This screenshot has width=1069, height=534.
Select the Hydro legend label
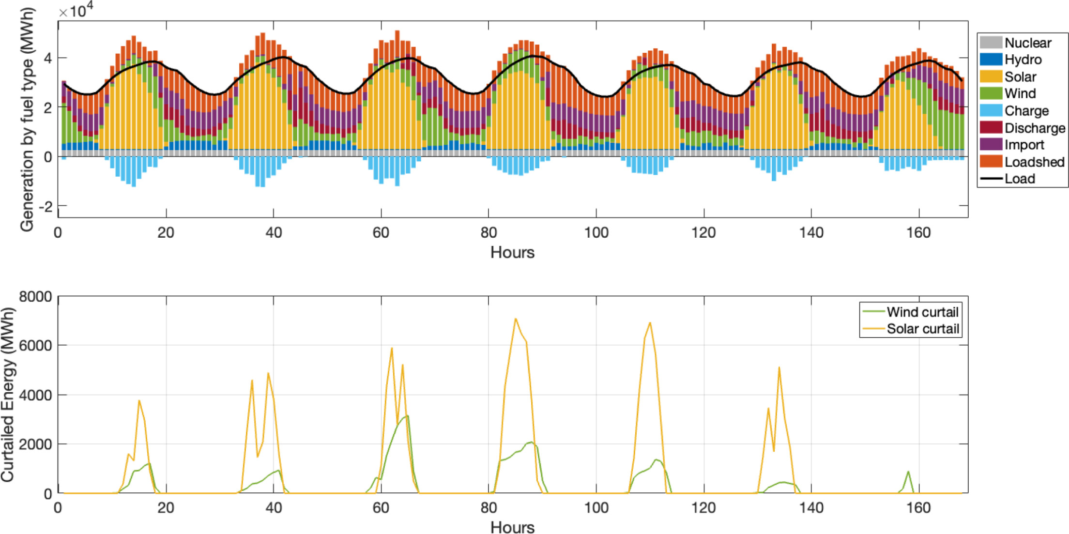[x=1023, y=60]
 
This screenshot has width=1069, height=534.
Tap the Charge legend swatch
[x=991, y=111]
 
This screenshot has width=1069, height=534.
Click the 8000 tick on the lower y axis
[x=35, y=296]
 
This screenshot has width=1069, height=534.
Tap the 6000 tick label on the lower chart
[x=35, y=346]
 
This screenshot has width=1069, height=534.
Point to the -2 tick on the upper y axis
[x=46, y=207]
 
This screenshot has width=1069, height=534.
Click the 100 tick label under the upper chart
[x=596, y=233]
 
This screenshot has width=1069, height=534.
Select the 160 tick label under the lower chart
[x=918, y=508]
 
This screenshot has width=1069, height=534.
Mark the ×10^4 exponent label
[x=76, y=11]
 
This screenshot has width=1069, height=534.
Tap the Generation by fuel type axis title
[x=27, y=119]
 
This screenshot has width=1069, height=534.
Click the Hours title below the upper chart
[x=512, y=252]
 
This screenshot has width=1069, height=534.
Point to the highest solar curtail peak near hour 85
[x=516, y=319]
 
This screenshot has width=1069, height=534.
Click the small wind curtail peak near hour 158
[x=908, y=472]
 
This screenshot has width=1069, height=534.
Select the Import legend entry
[x=1024, y=145]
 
